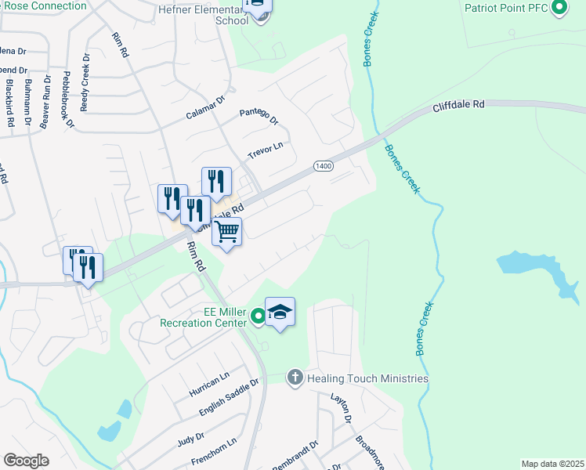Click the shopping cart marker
[227, 232]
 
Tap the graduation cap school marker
[280, 313]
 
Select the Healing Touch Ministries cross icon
[295, 378]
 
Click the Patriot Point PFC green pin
[559, 9]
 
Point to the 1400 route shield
[324, 166]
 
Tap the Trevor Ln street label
[265, 149]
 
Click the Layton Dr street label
[341, 408]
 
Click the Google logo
[27, 460]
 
